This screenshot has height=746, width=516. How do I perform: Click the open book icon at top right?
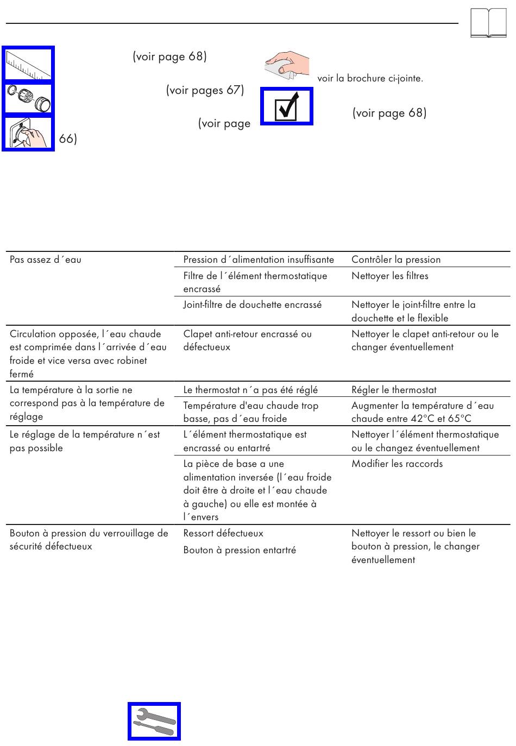(488, 23)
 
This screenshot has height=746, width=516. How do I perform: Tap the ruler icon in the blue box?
(28, 64)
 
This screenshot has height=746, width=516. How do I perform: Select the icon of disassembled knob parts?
(28, 99)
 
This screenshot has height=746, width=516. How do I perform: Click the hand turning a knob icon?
(28, 134)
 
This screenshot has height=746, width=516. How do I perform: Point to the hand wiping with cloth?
(287, 66)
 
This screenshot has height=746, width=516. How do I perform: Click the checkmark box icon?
(287, 106)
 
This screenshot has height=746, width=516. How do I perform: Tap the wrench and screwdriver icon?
(154, 722)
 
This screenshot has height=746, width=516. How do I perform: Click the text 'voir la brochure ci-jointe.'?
(370, 78)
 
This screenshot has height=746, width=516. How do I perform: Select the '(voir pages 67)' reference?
(205, 90)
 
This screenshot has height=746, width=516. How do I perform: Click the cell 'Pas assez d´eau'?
(46, 260)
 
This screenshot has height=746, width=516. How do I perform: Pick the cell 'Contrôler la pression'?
(396, 260)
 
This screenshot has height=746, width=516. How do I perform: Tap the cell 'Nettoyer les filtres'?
(390, 276)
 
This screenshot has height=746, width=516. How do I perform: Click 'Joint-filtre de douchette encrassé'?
(253, 305)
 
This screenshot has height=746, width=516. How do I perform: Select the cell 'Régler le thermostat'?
(394, 390)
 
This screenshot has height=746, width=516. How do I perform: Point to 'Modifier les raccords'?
(397, 464)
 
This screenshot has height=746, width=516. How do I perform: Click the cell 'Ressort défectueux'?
(223, 533)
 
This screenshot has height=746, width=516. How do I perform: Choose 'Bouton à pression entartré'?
(240, 550)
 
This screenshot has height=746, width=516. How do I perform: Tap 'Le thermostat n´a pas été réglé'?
(250, 390)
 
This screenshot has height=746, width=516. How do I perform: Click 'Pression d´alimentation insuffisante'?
(259, 260)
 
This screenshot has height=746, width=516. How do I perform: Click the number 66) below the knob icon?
(68, 139)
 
